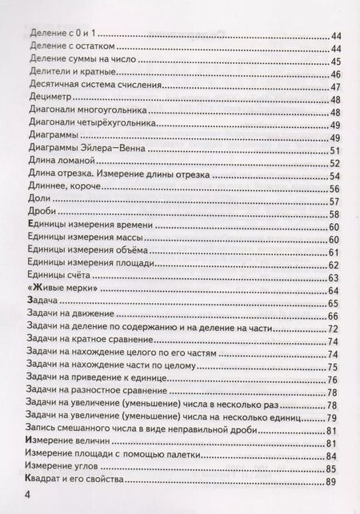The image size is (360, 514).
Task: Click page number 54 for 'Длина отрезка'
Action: tap(334, 177)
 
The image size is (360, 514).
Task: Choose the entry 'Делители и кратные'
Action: tap(70, 74)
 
